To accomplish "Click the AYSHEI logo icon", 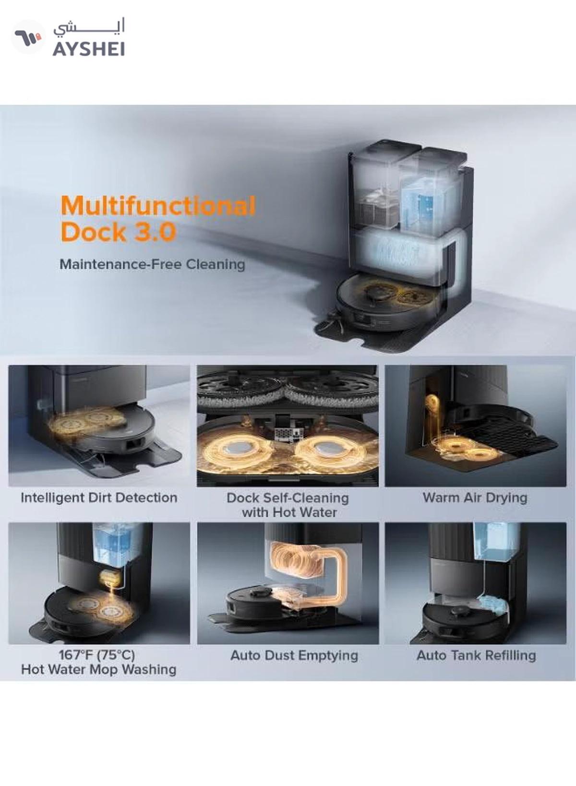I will [x=28, y=37].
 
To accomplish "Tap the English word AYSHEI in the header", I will [x=89, y=49].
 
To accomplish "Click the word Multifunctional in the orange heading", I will [x=158, y=206].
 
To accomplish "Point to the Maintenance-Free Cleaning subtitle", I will [x=152, y=264].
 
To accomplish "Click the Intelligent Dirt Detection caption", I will [x=99, y=498].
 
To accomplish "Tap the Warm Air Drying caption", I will [x=475, y=498].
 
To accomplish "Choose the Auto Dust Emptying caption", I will [x=294, y=655].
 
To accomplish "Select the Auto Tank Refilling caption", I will [x=476, y=655].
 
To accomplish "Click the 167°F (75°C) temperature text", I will [x=96, y=655].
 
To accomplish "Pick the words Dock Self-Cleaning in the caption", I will [x=288, y=498].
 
